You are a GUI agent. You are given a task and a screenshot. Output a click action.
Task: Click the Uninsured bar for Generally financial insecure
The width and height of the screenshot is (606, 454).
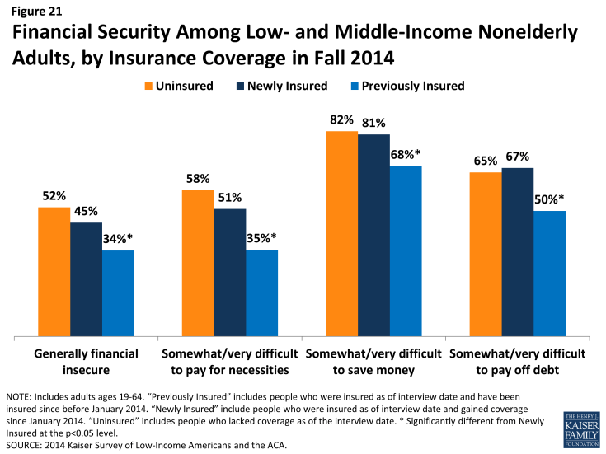[x=54, y=272]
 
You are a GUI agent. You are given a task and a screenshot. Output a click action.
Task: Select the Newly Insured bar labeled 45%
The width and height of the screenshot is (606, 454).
[x=86, y=280]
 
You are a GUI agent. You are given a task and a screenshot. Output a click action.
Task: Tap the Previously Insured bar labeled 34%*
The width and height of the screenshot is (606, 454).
[x=118, y=293]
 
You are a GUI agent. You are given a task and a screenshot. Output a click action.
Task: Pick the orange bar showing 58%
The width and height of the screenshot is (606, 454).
[x=197, y=264]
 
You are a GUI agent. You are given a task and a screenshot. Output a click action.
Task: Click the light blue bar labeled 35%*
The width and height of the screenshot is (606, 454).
[x=261, y=293]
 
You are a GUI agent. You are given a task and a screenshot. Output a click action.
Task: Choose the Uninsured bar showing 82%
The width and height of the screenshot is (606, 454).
[x=341, y=234]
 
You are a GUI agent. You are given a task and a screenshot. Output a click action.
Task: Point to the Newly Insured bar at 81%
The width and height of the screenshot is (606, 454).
[x=373, y=236]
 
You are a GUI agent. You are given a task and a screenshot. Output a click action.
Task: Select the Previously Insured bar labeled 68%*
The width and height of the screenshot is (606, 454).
[x=406, y=251]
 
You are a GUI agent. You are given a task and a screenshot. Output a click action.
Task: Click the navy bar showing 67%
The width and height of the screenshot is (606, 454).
[x=517, y=252]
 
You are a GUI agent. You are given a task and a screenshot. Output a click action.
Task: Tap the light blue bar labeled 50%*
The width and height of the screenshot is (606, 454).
[x=549, y=274]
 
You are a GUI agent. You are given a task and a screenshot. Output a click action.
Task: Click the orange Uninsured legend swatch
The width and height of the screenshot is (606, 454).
[x=150, y=86]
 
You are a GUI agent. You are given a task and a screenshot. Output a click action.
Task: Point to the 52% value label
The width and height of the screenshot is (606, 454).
[x=54, y=195]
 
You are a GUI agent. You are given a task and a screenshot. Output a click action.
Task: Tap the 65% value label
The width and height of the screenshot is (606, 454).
[x=486, y=161]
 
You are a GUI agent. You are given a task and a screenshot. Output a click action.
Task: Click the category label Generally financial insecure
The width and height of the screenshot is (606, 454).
[x=85, y=361]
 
